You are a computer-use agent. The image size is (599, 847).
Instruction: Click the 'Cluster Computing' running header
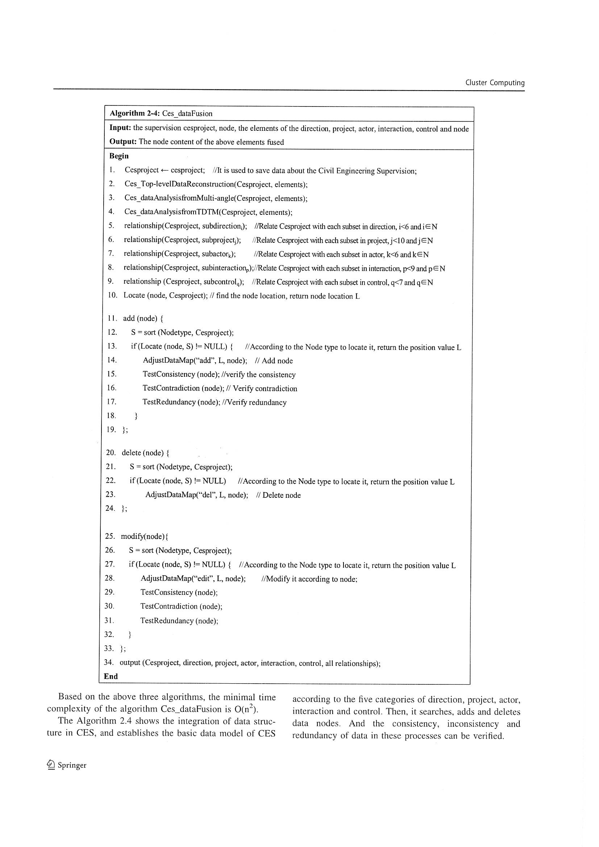coord(495,83)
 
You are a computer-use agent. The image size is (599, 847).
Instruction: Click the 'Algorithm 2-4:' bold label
coord(134,113)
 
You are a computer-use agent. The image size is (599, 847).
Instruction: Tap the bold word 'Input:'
coord(120,128)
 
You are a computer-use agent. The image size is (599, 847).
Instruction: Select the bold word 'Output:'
coord(123,142)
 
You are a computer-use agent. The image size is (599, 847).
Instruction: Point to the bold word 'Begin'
coord(119,156)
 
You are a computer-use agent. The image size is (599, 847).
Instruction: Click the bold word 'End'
coord(111,676)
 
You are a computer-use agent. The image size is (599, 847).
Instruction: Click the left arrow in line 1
coord(164,170)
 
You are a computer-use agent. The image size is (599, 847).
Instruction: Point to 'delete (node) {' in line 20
coord(145,452)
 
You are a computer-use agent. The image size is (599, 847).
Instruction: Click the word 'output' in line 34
coord(130,662)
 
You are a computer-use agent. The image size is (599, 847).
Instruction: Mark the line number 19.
coord(112,429)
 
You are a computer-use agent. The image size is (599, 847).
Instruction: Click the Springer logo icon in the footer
coord(51,765)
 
